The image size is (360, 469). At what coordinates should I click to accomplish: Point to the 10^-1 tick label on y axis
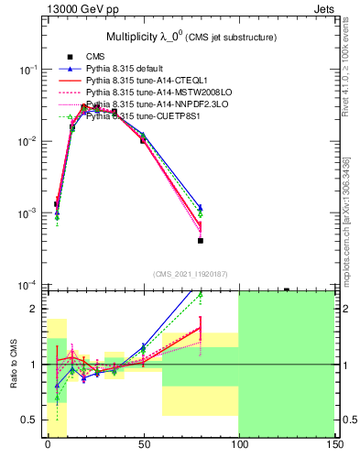point(29,71)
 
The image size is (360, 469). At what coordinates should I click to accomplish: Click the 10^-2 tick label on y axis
point(29,142)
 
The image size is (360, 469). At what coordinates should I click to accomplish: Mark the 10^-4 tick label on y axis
point(29,285)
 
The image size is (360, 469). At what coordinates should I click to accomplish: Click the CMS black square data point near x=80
point(200,241)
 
